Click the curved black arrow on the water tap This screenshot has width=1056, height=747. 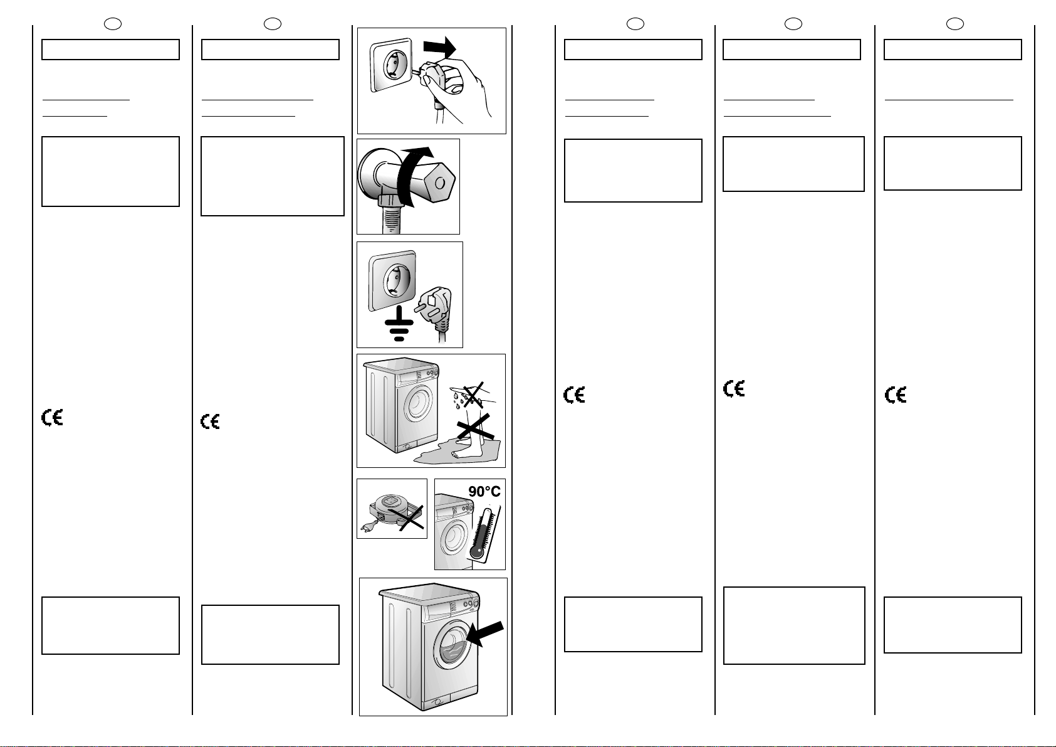[x=407, y=169]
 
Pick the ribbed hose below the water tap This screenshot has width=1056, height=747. [x=389, y=216]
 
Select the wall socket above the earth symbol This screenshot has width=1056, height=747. [x=393, y=282]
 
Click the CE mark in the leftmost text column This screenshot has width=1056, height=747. [x=53, y=418]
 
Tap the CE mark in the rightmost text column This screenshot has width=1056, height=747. [x=896, y=395]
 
